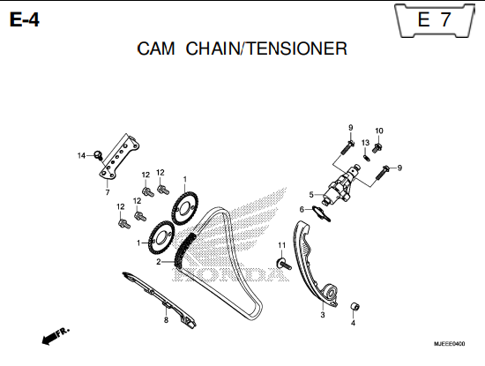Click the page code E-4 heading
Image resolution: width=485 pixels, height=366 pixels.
coord(25,20)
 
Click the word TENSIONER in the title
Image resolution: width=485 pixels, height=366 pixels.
coord(297,49)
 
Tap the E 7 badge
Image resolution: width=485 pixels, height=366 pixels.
coord(434,19)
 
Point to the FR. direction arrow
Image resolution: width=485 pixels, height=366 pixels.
coord(56,336)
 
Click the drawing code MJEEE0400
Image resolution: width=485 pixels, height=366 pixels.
coord(449,344)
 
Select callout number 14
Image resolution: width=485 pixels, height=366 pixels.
coord(81,155)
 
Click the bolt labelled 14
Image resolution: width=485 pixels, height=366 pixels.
coord(98,154)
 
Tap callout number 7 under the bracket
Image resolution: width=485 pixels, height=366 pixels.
coord(108,192)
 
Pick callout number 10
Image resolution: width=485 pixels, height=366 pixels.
coord(379,131)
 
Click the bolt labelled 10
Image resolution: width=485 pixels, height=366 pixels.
coord(377,147)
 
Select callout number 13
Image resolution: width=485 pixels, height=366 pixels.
coord(365,143)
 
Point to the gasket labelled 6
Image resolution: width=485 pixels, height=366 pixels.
coord(322,213)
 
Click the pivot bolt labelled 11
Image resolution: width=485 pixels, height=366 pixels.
coord(284,264)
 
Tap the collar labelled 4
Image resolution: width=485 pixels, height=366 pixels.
coord(354,307)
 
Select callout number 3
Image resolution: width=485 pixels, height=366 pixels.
coord(323,315)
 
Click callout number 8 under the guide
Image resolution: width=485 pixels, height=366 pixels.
coord(166,320)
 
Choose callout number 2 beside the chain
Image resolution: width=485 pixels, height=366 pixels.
coord(159,262)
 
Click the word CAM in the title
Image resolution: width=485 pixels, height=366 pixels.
coord(156,49)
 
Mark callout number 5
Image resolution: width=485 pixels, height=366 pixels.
coord(311,195)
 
